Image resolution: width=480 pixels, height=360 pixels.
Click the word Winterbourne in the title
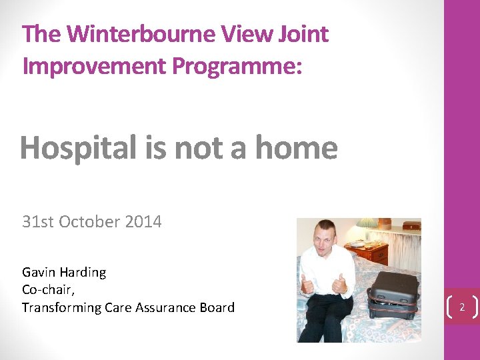139,34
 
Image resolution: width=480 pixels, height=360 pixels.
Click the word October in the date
90,222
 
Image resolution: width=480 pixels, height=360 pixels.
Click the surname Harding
83,272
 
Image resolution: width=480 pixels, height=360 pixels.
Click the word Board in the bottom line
216,307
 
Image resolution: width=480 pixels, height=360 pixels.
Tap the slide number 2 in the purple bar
461,307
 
